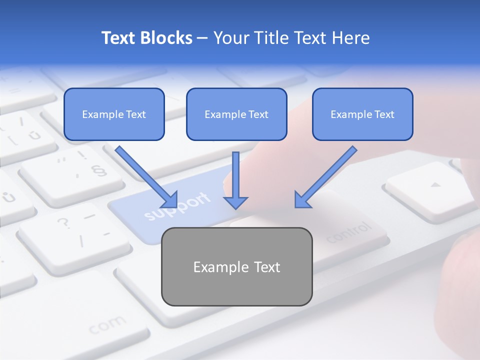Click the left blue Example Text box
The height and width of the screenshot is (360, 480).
click(x=114, y=114)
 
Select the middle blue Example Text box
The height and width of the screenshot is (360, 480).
click(x=236, y=114)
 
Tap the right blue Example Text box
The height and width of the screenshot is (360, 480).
click(x=362, y=114)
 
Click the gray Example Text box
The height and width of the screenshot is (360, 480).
click(x=236, y=266)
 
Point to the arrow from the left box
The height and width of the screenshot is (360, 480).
click(x=146, y=176)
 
